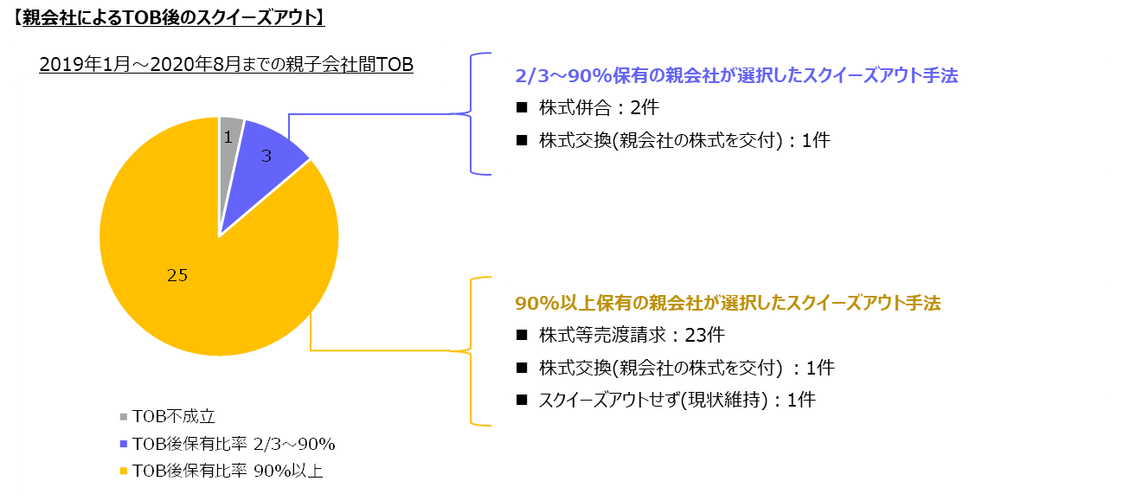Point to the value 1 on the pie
pos(228,138)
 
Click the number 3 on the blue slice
pos(266,156)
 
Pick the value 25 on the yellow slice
pos(177,275)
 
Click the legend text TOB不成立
pos(174,416)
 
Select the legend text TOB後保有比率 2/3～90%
pos(234,444)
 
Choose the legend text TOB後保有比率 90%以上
pos(228,471)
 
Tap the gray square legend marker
pos(124,416)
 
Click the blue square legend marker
pos(124,444)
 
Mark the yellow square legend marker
pos(124,471)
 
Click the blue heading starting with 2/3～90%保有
pos(736,76)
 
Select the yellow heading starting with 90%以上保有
pos(728,304)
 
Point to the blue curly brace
pos(472,113)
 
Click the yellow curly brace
pos(472,351)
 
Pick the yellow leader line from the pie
pos(381,350)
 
